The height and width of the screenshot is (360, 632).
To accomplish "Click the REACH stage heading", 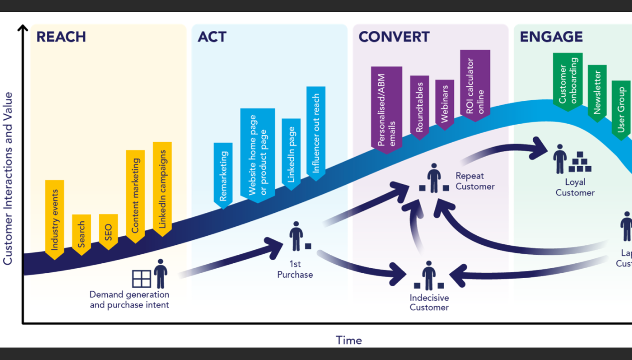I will [x=61, y=37].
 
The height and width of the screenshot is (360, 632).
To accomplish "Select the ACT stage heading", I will [x=212, y=37].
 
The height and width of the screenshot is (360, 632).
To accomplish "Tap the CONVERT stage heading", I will [x=394, y=37].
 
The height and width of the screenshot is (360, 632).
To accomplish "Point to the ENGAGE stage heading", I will [x=551, y=37].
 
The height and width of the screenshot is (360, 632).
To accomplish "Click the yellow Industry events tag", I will [x=54, y=218].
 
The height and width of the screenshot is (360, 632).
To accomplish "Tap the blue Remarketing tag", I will [x=223, y=175].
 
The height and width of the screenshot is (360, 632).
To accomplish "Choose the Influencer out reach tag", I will [x=316, y=133].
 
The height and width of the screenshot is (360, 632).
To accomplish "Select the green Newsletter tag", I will [x=597, y=91].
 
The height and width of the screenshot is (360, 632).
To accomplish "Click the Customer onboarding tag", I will [x=568, y=80].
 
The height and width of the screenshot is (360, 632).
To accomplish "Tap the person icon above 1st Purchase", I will [x=296, y=236].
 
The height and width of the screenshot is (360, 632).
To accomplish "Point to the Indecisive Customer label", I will [x=429, y=303].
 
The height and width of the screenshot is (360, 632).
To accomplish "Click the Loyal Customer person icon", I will [x=560, y=159].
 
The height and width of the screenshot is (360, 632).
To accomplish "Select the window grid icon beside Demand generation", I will [x=141, y=279].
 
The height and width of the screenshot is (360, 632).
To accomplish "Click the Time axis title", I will [x=349, y=341].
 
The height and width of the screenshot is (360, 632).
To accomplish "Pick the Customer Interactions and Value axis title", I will [x=8, y=178].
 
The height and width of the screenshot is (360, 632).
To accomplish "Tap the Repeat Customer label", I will [x=475, y=181].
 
